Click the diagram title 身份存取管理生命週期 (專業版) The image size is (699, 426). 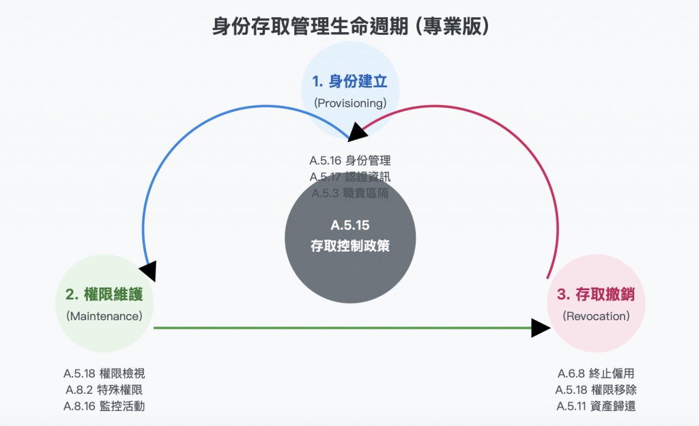click(x=349, y=27)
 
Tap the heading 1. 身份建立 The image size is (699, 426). click(x=349, y=82)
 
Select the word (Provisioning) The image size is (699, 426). click(x=349, y=103)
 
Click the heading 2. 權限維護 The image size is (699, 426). click(x=104, y=295)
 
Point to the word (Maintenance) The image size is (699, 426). click(x=104, y=316)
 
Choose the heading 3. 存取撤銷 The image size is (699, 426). click(x=596, y=295)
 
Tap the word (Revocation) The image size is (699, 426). click(x=596, y=316)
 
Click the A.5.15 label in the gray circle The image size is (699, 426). click(x=349, y=225)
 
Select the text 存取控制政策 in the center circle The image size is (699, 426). click(x=349, y=246)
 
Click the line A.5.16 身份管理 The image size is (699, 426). click(x=349, y=161)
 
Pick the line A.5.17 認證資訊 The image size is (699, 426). click(x=349, y=177)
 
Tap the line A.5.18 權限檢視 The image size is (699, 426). click(x=104, y=373)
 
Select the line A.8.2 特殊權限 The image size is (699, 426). click(x=104, y=390)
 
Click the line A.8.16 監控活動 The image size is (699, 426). click(x=104, y=406)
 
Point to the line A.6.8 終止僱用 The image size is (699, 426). click(x=596, y=373)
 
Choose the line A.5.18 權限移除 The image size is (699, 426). click(x=596, y=390)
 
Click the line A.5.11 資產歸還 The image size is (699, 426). click(x=596, y=406)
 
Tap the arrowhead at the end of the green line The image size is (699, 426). click(x=541, y=328)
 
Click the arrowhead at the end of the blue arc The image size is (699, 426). click(x=148, y=270)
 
